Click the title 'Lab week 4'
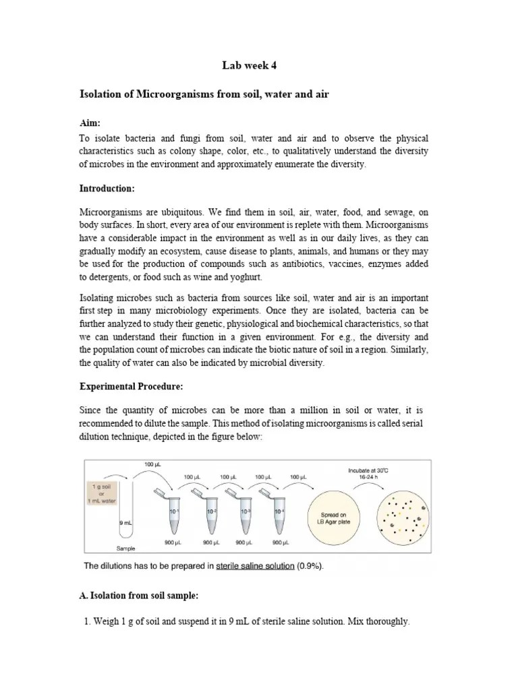249,65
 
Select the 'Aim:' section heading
90,123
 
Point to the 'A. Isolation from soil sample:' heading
138,596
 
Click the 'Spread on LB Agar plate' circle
338,519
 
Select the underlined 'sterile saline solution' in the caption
255,566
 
